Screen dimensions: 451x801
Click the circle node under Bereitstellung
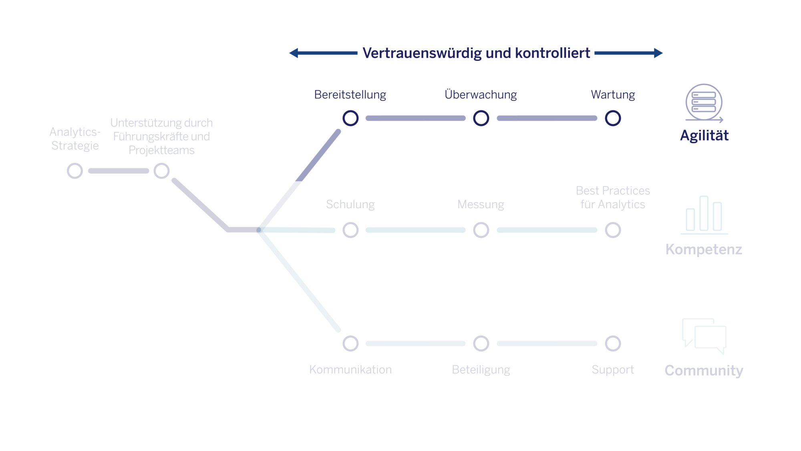pos(350,118)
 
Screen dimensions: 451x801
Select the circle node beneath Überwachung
pos(481,118)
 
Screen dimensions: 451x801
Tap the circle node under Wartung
pos(613,118)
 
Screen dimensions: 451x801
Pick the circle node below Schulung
pos(350,230)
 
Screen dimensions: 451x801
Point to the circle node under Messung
pos(481,230)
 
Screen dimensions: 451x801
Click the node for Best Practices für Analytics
pos(613,230)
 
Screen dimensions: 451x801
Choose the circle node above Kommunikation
pos(350,344)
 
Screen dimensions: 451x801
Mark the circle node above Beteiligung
pos(481,344)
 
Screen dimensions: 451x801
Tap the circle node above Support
pos(613,344)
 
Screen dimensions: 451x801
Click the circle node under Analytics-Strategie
pos(75,171)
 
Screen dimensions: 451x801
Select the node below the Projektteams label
pos(161,171)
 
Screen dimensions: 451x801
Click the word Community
pos(704,370)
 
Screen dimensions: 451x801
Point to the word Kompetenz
pos(704,249)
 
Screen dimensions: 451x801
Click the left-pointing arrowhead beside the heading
pos(294,53)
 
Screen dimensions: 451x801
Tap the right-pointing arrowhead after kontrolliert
pos(658,53)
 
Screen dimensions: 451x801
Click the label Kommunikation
pos(350,370)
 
